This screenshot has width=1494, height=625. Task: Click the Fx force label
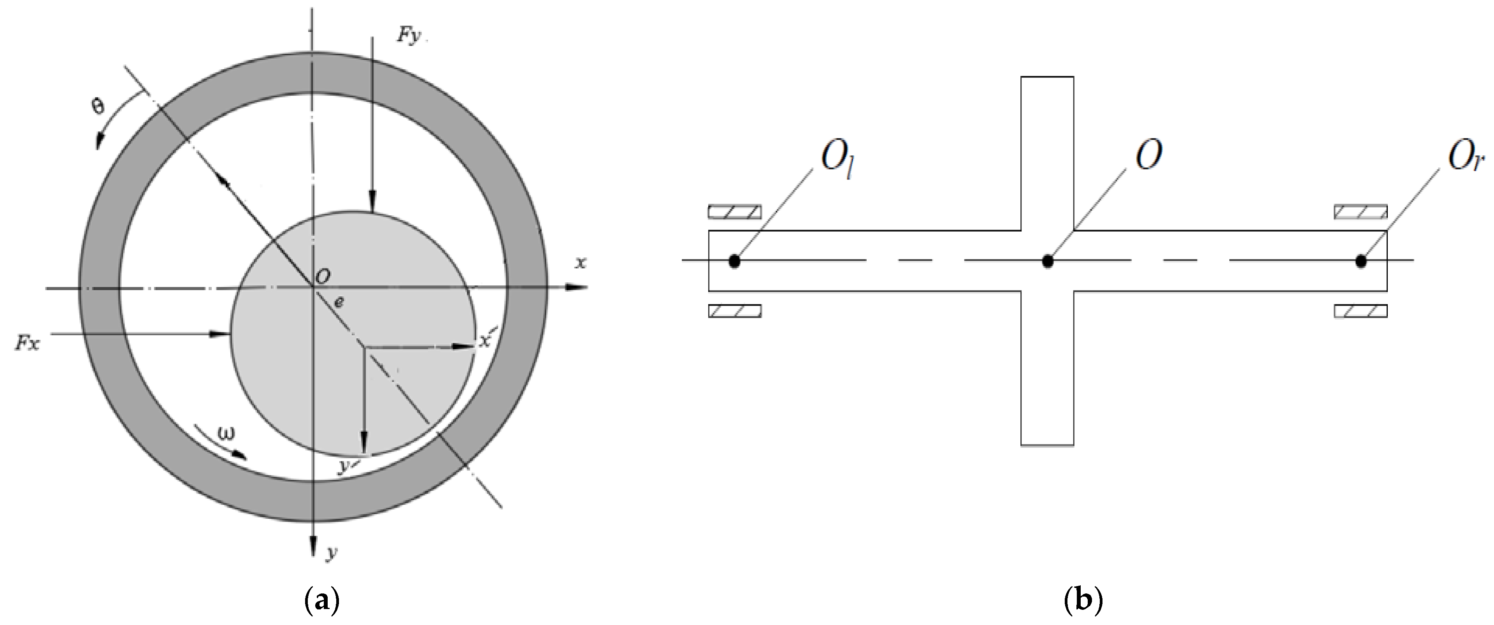click(27, 343)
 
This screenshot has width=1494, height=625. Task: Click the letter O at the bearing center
click(323, 277)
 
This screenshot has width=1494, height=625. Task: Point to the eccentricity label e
click(339, 302)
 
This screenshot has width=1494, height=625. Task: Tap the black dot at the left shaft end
click(734, 261)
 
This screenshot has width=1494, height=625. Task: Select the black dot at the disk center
click(1047, 261)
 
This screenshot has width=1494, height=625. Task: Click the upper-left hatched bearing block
click(734, 212)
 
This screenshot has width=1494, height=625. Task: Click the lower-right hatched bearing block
click(1361, 311)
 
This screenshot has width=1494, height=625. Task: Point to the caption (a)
click(321, 600)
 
